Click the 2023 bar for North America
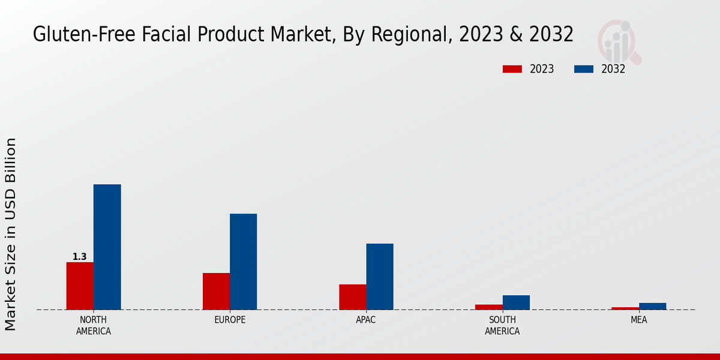pos(80,286)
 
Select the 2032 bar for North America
pos(107,247)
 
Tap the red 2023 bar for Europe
pos(216,291)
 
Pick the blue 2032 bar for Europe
pos(243,262)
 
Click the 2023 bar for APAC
pos(352,297)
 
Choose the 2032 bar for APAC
pos(380,277)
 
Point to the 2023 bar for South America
pos(488,307)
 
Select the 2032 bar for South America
pos(516,302)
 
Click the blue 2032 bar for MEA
pos(652,306)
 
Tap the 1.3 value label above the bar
pos(80,257)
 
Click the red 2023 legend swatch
pos(512,69)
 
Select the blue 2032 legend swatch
pos(583,69)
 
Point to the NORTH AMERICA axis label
pos(94,325)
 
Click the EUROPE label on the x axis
pos(230,320)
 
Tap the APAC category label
pos(366,320)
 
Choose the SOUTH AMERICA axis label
pos(502,325)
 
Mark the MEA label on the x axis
pos(638,320)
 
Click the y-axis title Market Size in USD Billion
pos(11,234)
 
